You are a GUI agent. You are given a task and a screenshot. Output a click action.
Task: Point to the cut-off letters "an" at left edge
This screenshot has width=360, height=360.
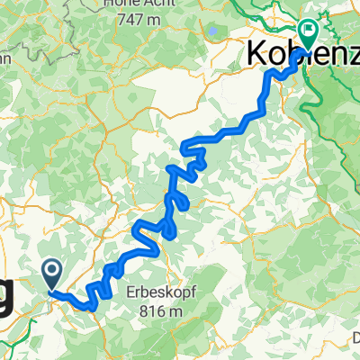[x=4, y=58]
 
